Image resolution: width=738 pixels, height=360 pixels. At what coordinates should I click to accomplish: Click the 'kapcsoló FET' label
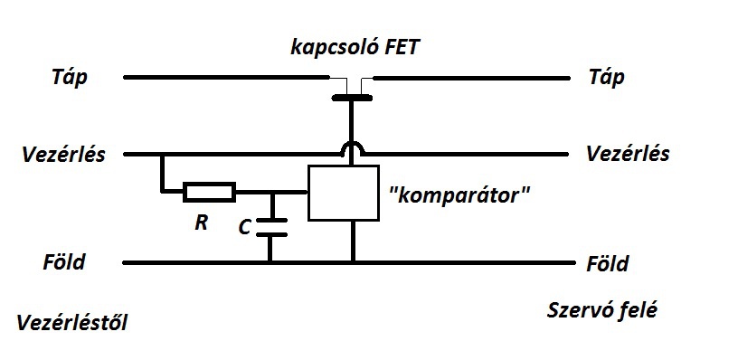point(354,48)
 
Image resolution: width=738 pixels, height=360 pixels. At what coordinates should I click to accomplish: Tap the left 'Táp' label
point(69,78)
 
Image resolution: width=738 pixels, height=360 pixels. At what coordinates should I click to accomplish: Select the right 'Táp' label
point(607,78)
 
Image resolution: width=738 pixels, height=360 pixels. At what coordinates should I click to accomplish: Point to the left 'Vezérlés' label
point(63,155)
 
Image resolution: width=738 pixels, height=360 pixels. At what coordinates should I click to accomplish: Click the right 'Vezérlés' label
point(628,154)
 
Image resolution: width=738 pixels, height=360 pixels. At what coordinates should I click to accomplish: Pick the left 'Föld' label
point(64,261)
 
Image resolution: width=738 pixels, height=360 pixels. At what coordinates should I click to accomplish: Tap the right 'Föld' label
point(607,263)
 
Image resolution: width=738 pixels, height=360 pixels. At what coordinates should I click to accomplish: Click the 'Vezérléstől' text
point(72,323)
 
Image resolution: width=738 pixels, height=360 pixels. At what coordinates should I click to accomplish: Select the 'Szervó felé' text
point(602,310)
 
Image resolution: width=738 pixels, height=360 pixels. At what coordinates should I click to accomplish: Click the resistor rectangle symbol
point(210,192)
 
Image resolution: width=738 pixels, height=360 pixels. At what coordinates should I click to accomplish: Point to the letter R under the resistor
point(202,223)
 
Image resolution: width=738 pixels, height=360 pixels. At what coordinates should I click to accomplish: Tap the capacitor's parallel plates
point(270,227)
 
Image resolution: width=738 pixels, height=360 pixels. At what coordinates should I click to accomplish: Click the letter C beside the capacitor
point(244,228)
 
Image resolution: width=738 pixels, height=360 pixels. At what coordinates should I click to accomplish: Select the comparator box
point(343,193)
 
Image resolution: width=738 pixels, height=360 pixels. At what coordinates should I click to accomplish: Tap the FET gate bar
point(352,98)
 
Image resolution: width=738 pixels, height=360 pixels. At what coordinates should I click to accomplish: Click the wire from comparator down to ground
point(352,241)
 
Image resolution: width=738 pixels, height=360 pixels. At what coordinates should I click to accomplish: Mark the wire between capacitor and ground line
point(270,249)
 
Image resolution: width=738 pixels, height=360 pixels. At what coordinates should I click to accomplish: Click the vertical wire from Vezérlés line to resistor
point(163,173)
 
